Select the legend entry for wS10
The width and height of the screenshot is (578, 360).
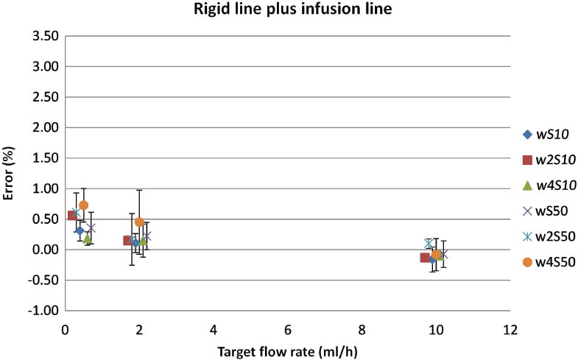[x=546, y=134]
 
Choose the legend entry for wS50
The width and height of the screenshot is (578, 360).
[x=546, y=211]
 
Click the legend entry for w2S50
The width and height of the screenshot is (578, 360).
[x=546, y=236]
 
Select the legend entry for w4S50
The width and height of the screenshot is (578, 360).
[x=546, y=261]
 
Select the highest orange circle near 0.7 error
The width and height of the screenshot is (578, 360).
[x=83, y=205]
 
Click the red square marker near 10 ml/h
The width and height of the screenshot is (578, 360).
[x=425, y=258]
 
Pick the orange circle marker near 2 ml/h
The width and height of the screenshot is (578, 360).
[x=139, y=222]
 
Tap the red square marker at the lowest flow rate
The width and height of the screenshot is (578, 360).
[x=72, y=215]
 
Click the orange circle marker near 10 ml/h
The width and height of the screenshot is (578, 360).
[x=437, y=254]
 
